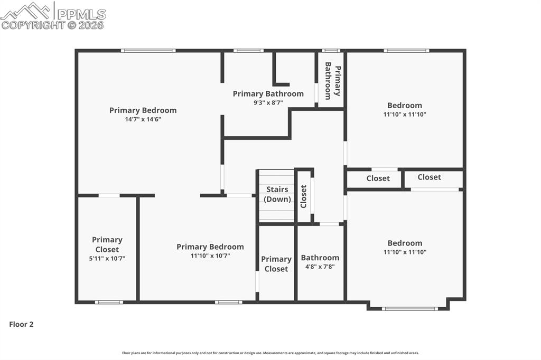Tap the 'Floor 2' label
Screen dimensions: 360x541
21,324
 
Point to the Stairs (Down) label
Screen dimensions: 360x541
277,194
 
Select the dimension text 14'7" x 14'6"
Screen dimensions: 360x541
143,119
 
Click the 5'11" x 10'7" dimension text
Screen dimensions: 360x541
107,259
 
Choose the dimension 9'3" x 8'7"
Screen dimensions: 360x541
268,103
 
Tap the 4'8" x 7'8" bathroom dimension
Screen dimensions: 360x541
320,267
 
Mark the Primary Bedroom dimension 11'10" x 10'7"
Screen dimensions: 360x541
210,255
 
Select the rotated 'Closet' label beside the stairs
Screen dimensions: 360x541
303,196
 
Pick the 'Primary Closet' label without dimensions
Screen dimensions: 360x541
276,264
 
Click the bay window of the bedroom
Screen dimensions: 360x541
410,308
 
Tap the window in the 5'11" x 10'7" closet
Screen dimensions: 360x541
109,302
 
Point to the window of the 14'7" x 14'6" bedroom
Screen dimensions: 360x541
148,51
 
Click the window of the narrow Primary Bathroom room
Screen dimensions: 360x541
331,51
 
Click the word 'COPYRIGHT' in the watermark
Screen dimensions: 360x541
33,25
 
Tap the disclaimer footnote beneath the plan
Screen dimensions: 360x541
270,353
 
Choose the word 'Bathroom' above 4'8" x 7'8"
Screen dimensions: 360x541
320,258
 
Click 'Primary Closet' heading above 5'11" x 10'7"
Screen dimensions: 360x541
107,244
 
